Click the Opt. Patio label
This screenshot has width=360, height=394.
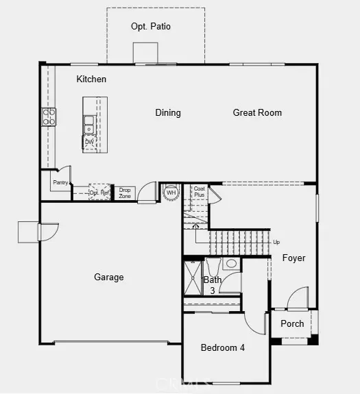pyautogui.click(x=151, y=27)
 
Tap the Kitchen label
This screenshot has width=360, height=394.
pyautogui.click(x=91, y=79)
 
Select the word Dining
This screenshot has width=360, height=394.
pyautogui.click(x=168, y=113)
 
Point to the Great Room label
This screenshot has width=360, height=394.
pyautogui.click(x=257, y=113)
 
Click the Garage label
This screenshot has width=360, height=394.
pyautogui.click(x=109, y=278)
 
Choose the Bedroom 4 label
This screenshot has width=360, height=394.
pyautogui.click(x=223, y=348)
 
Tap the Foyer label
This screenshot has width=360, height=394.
pyautogui.click(x=293, y=258)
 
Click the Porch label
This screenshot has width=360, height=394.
pyautogui.click(x=293, y=324)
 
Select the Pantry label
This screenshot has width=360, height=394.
pyautogui.click(x=60, y=182)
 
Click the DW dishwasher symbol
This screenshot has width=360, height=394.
pyautogui.click(x=89, y=143)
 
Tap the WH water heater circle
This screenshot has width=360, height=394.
pyautogui.click(x=171, y=193)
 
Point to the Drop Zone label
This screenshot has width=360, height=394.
pyautogui.click(x=125, y=193)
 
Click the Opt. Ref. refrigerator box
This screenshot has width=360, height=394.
pyautogui.click(x=100, y=193)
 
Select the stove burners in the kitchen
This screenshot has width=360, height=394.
pyautogui.click(x=49, y=117)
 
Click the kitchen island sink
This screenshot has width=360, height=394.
pyautogui.click(x=89, y=124)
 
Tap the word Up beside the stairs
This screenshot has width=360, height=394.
pyautogui.click(x=276, y=243)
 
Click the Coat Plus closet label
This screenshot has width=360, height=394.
pyautogui.click(x=199, y=192)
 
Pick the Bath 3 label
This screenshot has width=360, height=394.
pyautogui.click(x=213, y=284)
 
